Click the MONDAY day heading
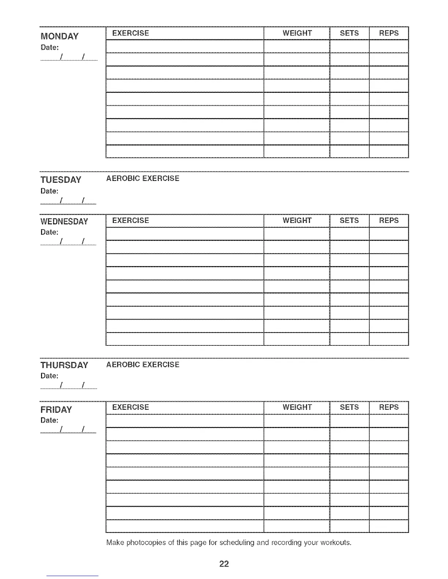click(x=59, y=36)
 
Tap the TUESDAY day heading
click(x=61, y=180)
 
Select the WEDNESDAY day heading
click(x=64, y=222)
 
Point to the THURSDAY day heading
click(x=64, y=365)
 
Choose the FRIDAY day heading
click(x=56, y=409)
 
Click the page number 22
click(x=224, y=564)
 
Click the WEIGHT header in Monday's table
click(x=297, y=33)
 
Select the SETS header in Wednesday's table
click(x=349, y=221)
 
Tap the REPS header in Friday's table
click(x=389, y=407)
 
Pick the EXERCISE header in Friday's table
click(x=131, y=407)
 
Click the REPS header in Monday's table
click(x=389, y=33)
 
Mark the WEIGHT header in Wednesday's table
click(x=297, y=221)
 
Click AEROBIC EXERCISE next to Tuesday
click(x=143, y=178)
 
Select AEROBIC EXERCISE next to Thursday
click(x=143, y=364)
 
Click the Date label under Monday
click(x=49, y=48)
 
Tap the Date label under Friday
click(x=49, y=420)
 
